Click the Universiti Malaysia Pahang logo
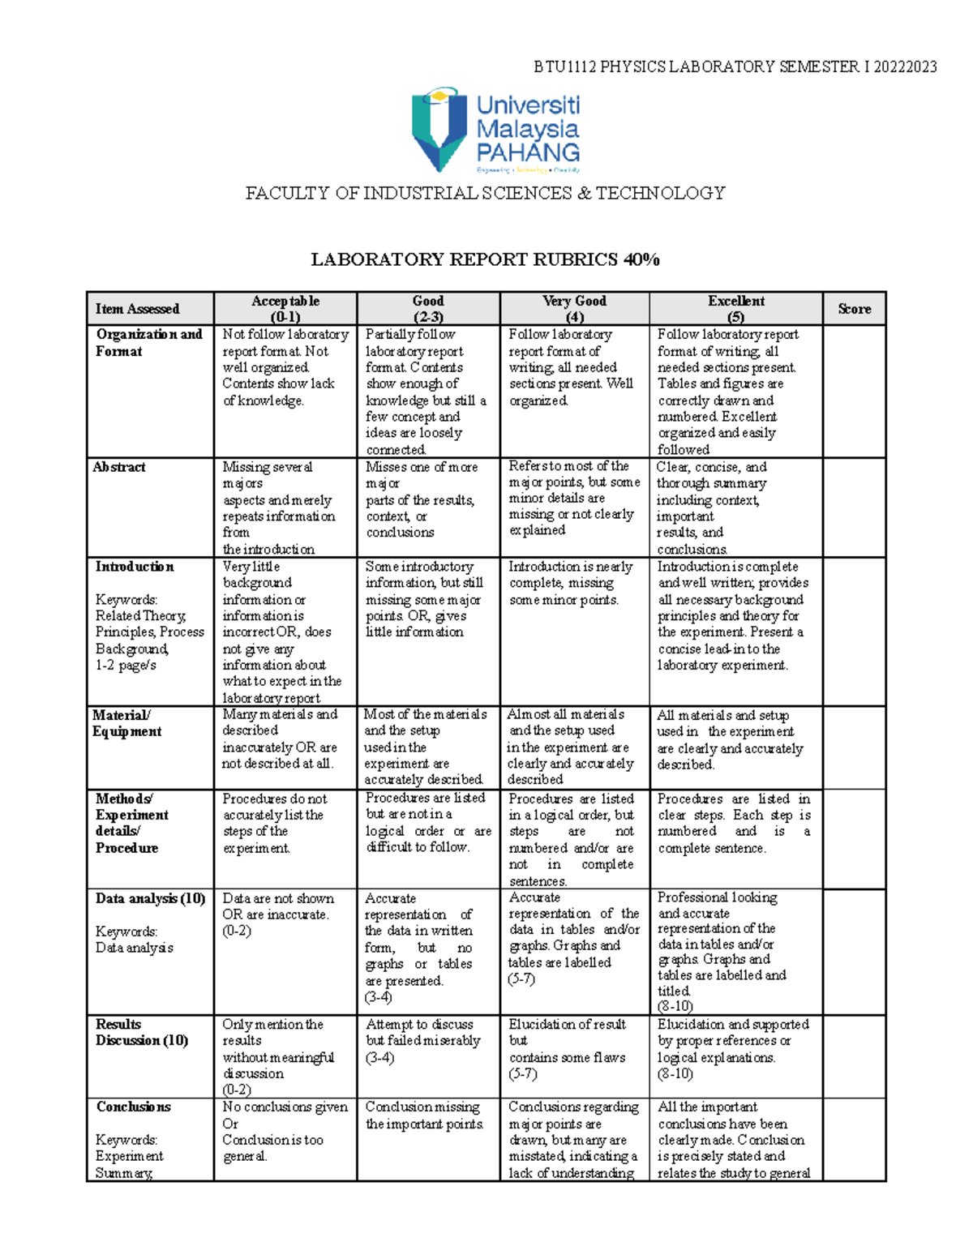(x=495, y=130)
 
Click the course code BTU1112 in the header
(x=564, y=67)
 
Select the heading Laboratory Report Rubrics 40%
(x=485, y=260)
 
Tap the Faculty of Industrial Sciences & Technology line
(x=485, y=193)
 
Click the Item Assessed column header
(x=137, y=309)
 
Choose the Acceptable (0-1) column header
(x=285, y=309)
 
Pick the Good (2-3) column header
(x=428, y=309)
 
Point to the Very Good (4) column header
(x=574, y=309)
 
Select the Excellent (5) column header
(x=735, y=309)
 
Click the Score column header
(x=854, y=309)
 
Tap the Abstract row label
(x=119, y=467)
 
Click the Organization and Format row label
(x=148, y=343)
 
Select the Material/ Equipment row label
(x=126, y=723)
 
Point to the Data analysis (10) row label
(x=150, y=898)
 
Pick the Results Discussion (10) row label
(x=142, y=1032)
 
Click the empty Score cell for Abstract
(x=854, y=507)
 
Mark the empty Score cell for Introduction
(x=854, y=632)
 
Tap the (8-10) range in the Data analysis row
(x=675, y=1006)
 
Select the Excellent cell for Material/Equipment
(x=730, y=740)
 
